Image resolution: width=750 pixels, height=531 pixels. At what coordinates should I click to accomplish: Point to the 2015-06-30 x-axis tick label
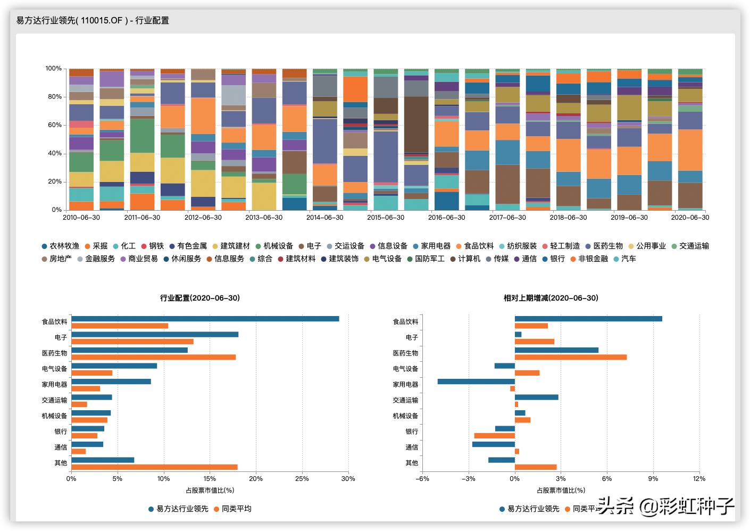click(x=386, y=218)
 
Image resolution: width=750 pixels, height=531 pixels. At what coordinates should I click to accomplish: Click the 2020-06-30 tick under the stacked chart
click(x=690, y=218)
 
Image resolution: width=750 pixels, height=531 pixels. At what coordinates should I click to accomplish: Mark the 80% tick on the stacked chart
click(x=54, y=97)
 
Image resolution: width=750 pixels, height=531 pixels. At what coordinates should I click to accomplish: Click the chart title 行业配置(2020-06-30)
click(x=200, y=298)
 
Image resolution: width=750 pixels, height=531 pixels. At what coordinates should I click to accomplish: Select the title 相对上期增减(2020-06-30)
click(x=551, y=298)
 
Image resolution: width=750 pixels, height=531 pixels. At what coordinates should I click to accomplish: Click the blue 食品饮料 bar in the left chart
click(x=205, y=319)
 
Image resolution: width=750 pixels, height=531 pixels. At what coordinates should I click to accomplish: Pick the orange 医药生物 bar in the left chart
click(x=153, y=358)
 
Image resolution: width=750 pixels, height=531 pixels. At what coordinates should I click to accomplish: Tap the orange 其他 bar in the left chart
click(x=154, y=467)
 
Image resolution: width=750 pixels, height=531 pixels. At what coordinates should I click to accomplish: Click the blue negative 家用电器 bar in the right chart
click(x=476, y=381)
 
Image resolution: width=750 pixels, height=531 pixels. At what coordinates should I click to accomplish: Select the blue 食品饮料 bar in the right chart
click(x=588, y=319)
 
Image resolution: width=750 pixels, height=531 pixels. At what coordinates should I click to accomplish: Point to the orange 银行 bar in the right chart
click(x=495, y=436)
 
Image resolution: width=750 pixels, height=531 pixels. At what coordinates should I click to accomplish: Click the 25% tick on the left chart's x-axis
click(x=302, y=479)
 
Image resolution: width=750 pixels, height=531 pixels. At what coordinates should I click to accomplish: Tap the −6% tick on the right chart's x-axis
click(x=422, y=479)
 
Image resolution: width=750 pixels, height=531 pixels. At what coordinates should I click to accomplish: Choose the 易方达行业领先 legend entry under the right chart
click(x=533, y=509)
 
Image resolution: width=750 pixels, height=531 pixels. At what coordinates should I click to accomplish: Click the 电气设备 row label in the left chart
click(x=55, y=369)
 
